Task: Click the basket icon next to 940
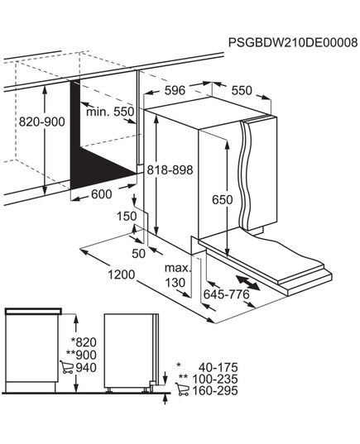tap(67, 368)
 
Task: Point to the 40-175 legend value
tap(218, 365)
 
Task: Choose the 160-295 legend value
tap(218, 391)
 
